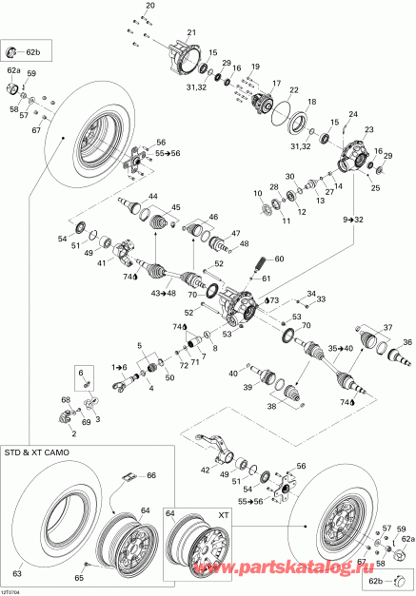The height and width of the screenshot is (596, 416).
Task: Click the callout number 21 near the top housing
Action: click(x=190, y=32)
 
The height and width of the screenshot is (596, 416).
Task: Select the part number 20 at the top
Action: click(x=149, y=7)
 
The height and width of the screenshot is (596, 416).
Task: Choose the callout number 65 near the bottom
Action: click(x=79, y=578)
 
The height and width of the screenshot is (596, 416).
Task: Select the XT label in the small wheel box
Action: click(x=225, y=511)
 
